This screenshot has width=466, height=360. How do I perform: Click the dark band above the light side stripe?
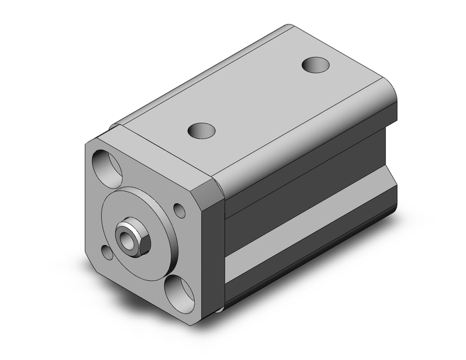click(308, 177)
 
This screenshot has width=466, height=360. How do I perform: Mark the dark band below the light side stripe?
click(308, 266)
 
